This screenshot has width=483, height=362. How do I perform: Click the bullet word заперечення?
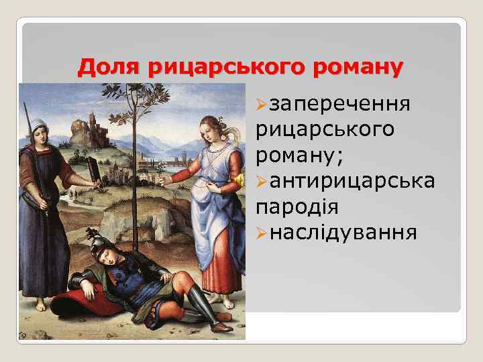click(340, 105)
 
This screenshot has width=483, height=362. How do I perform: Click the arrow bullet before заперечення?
click(262, 105)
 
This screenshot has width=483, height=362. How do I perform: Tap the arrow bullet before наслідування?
click(262, 233)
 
